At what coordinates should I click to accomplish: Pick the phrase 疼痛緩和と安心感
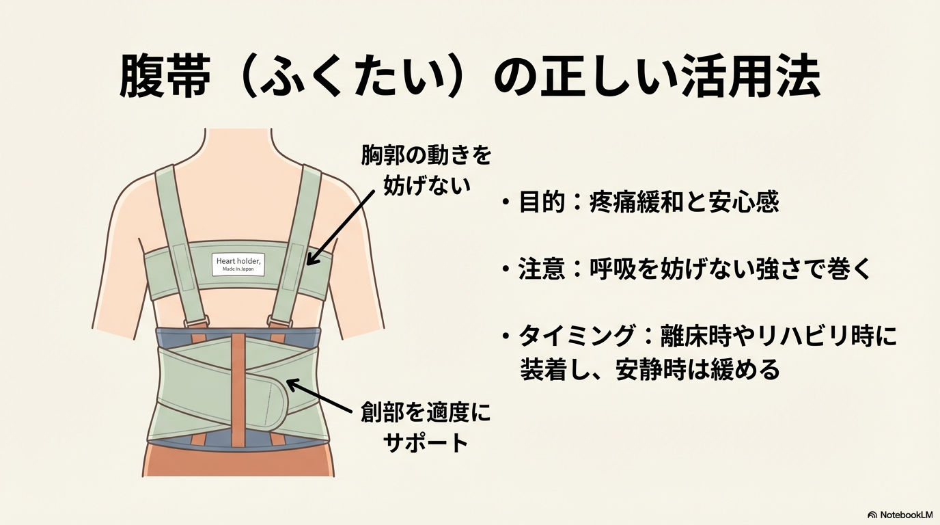pos(684,202)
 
